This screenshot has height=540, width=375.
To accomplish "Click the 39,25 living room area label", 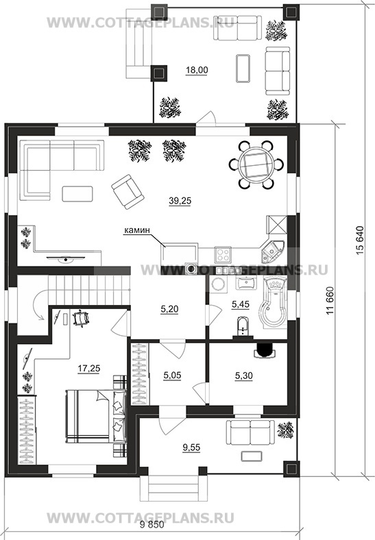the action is point(180,201).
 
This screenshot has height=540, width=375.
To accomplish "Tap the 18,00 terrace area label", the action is point(197,71).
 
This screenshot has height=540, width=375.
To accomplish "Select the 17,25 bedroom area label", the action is point(89,369).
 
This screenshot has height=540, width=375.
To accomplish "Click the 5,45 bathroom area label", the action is point(241,304).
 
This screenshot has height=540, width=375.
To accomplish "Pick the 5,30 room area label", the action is point(243,376).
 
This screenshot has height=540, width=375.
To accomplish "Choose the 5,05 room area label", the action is point(172,376).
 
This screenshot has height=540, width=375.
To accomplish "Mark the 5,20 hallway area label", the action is point(169,310).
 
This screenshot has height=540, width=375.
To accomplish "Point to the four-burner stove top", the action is point(223,255).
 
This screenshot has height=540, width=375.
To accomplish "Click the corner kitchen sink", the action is point(271,251).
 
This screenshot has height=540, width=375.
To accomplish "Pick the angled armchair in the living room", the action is point(127,191).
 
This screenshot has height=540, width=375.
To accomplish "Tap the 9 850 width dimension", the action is point(152,526).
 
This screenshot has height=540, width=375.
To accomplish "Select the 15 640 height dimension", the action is point(360,240).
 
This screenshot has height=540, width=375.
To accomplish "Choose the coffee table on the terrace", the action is point(243,69).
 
